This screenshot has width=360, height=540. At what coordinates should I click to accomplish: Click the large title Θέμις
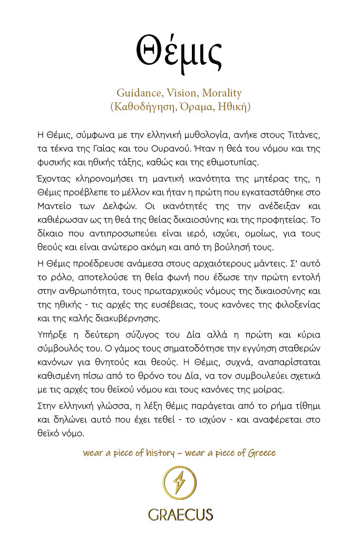(179, 50)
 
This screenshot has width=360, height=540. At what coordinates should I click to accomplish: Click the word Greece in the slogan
(260, 453)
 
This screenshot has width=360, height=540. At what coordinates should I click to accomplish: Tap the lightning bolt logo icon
(180, 483)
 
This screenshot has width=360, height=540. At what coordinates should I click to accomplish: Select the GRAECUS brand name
(180, 514)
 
